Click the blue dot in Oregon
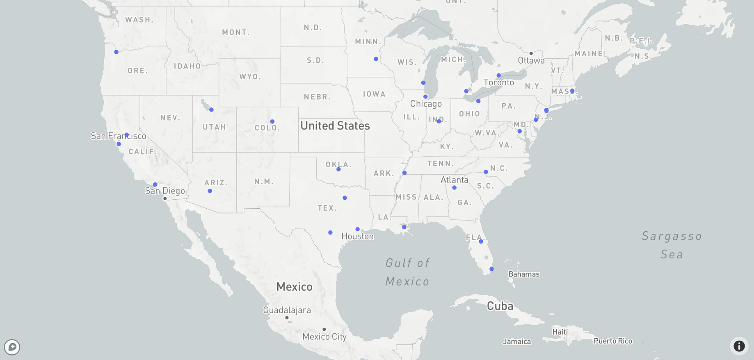(x=117, y=52)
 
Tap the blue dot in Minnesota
(x=376, y=59)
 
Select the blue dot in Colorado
(x=272, y=122)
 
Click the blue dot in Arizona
(x=210, y=191)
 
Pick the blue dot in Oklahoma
(x=338, y=169)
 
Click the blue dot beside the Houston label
(x=358, y=229)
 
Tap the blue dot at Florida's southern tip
(x=491, y=269)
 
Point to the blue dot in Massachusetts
(x=572, y=91)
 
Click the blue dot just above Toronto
(x=499, y=75)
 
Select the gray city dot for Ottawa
(x=531, y=53)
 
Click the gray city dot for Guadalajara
(x=287, y=318)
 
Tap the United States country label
(x=335, y=126)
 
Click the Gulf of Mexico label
(x=407, y=272)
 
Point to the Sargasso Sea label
(x=672, y=245)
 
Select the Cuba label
(x=500, y=306)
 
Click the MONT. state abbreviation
(x=236, y=32)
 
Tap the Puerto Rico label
(x=613, y=341)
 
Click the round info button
(x=739, y=346)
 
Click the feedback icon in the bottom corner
(x=12, y=347)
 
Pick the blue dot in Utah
(x=211, y=110)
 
